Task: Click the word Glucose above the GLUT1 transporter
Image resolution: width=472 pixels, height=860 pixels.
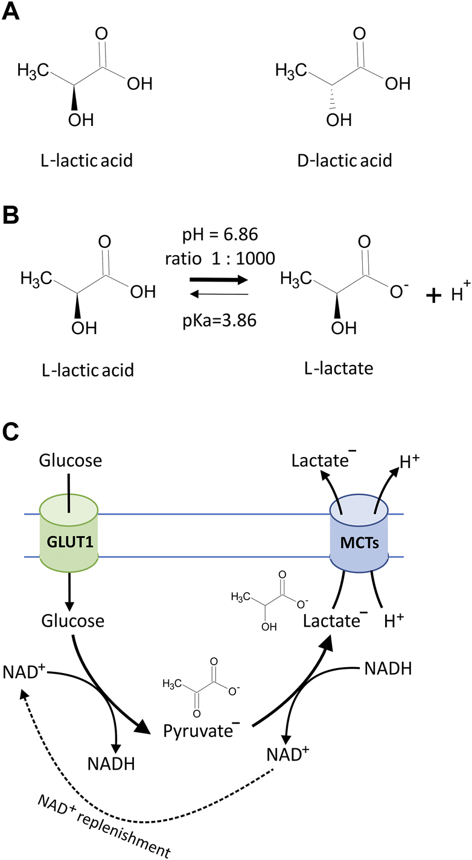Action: pos(70,461)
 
